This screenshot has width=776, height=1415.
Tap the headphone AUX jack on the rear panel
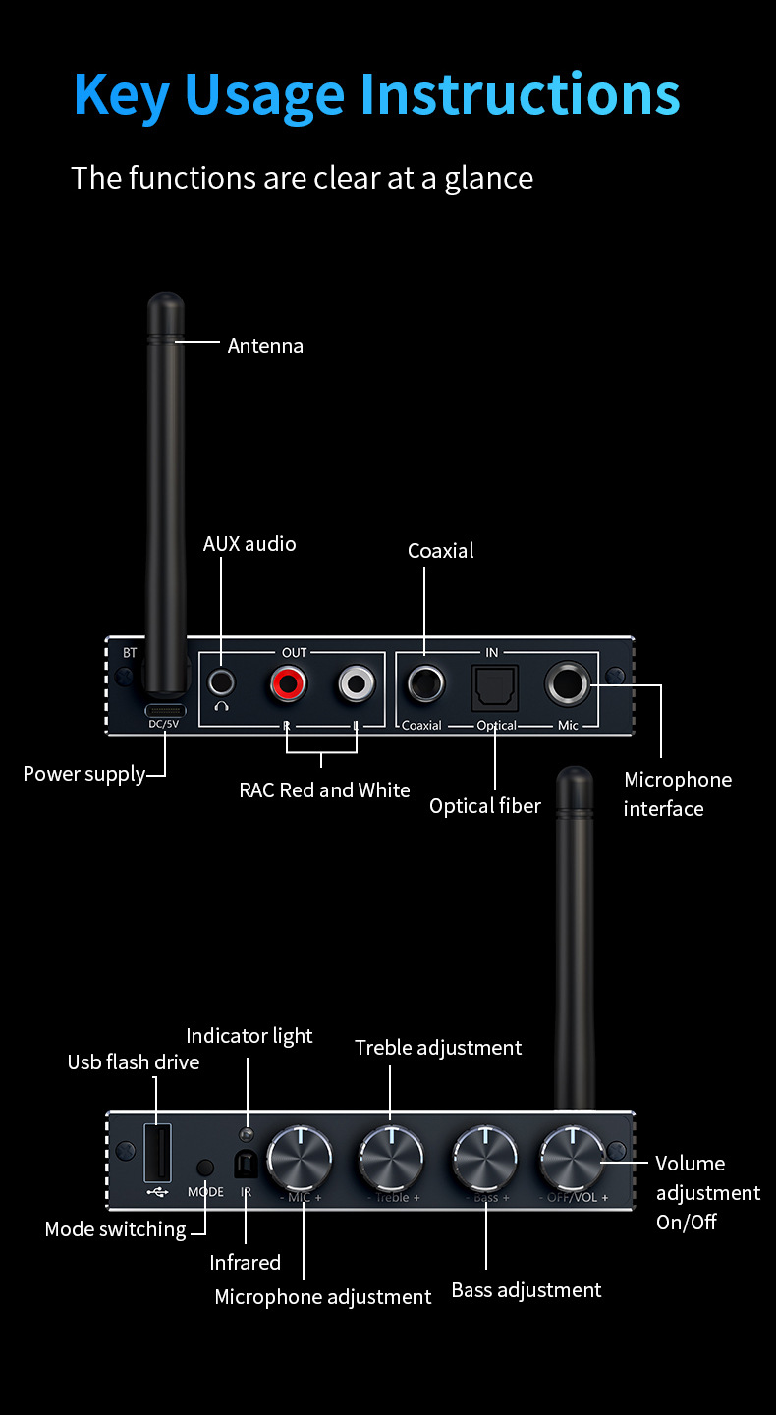click(x=222, y=681)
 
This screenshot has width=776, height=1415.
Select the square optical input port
click(x=494, y=685)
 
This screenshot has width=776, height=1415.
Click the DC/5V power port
click(x=165, y=710)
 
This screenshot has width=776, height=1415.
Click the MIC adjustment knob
click(x=301, y=1158)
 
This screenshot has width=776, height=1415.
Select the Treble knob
click(x=391, y=1158)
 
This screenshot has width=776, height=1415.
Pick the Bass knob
click(x=484, y=1158)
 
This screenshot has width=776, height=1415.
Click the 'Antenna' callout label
click(x=265, y=346)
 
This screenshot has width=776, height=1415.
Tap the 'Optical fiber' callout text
click(x=485, y=806)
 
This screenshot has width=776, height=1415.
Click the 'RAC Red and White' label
click(x=325, y=789)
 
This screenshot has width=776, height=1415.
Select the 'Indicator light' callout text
click(x=249, y=1036)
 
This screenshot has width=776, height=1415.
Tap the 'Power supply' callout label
click(x=84, y=774)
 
